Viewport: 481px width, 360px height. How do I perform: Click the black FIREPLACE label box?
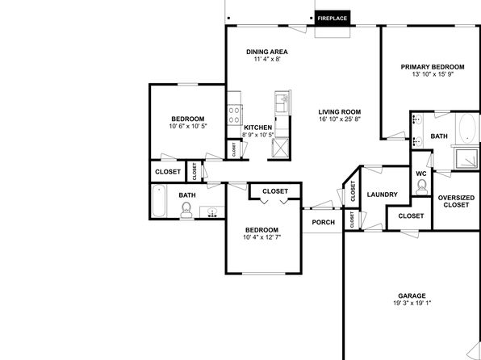333,19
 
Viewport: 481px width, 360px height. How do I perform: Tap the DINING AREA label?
267,52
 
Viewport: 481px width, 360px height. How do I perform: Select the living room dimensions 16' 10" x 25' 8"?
339,119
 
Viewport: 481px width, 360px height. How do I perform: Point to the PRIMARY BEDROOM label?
433,67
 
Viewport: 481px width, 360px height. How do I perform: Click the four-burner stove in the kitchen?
235,115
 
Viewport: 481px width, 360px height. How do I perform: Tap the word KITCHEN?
258,128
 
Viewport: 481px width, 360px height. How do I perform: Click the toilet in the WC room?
421,187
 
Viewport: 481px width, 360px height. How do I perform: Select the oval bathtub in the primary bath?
467,128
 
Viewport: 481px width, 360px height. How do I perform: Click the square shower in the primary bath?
466,158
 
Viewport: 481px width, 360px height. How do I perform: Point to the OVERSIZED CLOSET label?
456,201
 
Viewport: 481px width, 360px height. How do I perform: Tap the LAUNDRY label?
383,195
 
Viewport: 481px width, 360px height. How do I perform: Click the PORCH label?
324,222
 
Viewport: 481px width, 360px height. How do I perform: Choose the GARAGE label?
412,296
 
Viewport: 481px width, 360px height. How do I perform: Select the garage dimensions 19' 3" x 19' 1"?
412,303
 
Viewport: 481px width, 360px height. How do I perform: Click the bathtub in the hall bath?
159,201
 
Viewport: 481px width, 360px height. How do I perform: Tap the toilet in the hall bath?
186,210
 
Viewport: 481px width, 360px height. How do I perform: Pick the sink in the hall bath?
212,211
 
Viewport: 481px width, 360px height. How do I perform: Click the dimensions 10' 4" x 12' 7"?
262,237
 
